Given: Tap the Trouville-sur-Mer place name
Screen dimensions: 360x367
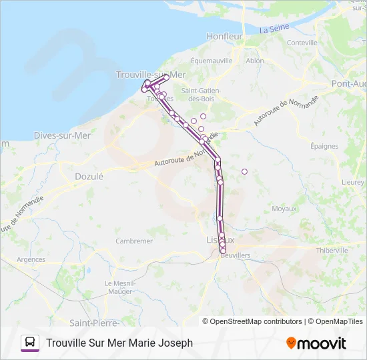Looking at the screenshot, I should (x=150, y=75).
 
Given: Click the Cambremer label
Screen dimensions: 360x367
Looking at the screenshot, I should (x=134, y=241).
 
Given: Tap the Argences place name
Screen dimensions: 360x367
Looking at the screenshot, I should (x=31, y=259).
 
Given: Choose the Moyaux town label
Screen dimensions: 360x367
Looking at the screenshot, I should (x=284, y=209).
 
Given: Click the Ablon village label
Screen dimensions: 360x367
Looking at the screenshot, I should (x=255, y=60).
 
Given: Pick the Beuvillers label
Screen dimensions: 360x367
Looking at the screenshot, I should (x=234, y=255).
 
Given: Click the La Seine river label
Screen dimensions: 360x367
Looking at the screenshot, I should (x=274, y=29).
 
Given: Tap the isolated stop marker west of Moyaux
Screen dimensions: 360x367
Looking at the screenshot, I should (x=244, y=171).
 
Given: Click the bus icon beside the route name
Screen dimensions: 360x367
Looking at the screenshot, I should (x=30, y=343).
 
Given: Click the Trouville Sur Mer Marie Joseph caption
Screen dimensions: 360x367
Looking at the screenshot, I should (x=119, y=343).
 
